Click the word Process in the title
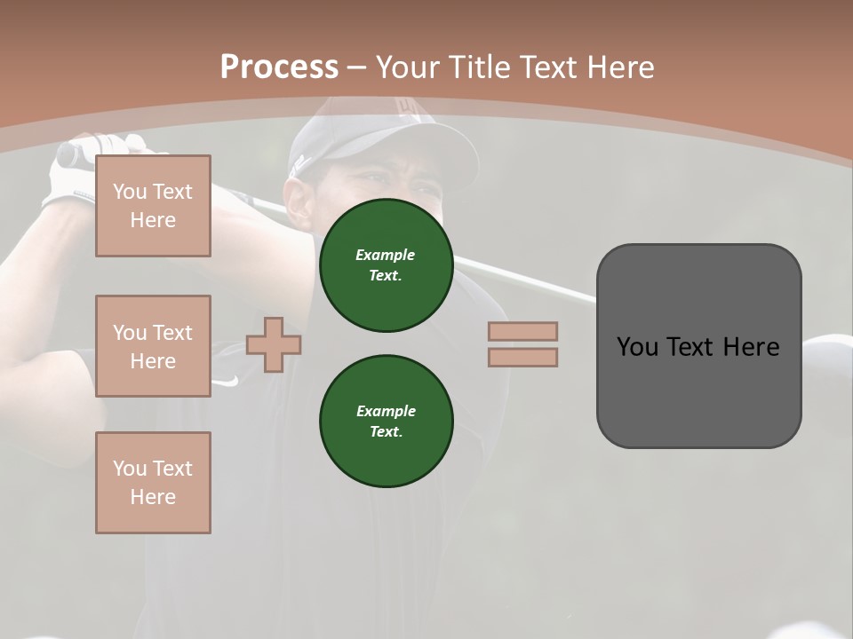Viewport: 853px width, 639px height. (279, 67)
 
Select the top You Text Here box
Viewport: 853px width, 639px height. (153, 206)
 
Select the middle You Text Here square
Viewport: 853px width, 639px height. (153, 346)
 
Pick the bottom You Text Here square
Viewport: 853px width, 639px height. (153, 483)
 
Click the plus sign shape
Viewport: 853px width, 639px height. (274, 346)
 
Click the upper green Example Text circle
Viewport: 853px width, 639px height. (387, 265)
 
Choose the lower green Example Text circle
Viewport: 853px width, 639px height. (387, 422)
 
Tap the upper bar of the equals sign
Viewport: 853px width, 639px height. (522, 331)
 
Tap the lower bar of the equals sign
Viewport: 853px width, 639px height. (522, 357)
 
